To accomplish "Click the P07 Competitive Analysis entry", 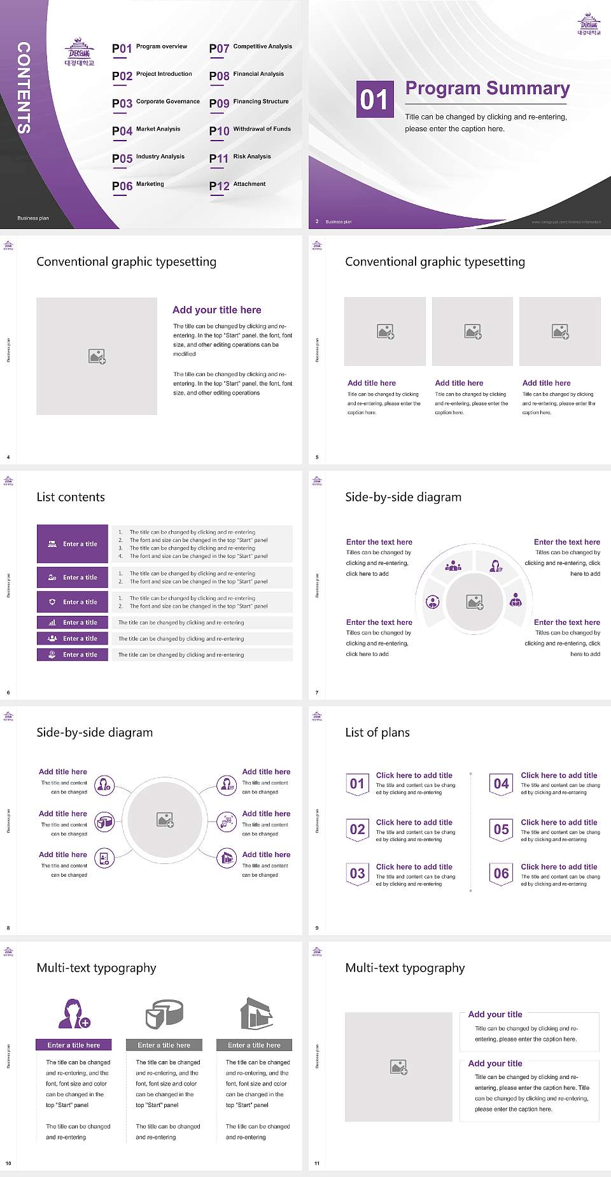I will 250,48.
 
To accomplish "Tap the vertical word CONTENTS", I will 24,88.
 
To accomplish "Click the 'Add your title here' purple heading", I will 216,310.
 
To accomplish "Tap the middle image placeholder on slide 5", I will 472,331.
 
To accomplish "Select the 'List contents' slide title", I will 71,497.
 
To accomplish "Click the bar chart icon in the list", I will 52,622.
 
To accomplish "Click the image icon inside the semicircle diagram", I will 475,602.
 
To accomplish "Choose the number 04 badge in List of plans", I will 502,784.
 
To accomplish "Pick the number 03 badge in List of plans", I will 357,874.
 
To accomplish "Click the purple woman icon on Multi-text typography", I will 74,1014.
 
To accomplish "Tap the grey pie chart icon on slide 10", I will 164,1014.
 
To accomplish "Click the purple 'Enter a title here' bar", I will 74,1045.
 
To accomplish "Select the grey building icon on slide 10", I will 256,1014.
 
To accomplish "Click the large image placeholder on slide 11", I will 398,1067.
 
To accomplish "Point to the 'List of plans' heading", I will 377,732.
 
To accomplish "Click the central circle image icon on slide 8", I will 165,820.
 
